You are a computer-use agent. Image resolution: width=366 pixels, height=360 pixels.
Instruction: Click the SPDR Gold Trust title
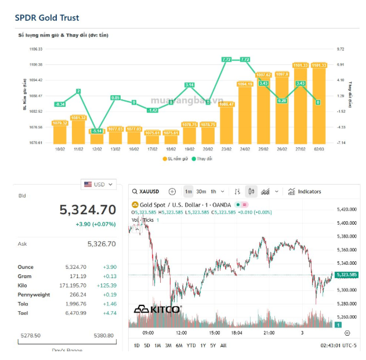click(x=47, y=18)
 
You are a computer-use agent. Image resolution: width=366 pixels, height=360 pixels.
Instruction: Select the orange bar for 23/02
click(x=226, y=124)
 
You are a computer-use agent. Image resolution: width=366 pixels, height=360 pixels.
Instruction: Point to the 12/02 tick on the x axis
click(x=96, y=149)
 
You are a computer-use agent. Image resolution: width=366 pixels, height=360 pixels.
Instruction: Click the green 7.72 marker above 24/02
click(x=245, y=59)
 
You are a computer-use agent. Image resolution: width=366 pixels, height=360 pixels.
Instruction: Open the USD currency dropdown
click(x=99, y=184)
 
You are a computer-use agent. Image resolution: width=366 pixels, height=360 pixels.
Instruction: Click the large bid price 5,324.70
click(x=88, y=210)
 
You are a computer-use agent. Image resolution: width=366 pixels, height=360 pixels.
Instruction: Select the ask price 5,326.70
click(x=102, y=244)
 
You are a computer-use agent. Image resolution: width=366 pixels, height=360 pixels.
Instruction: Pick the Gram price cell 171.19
click(x=77, y=276)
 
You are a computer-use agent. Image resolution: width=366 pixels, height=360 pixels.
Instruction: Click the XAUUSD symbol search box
click(x=148, y=191)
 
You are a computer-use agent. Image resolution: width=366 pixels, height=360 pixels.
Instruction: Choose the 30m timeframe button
click(x=201, y=191)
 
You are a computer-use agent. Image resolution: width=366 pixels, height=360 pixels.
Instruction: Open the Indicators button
click(x=305, y=191)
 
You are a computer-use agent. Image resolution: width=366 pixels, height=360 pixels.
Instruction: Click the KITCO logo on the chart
click(x=158, y=309)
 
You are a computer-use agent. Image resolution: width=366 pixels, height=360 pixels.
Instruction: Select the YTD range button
click(x=191, y=345)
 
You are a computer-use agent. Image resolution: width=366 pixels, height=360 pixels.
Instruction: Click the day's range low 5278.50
click(x=30, y=335)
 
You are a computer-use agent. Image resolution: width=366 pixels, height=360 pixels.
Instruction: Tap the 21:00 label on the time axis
click(x=269, y=333)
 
